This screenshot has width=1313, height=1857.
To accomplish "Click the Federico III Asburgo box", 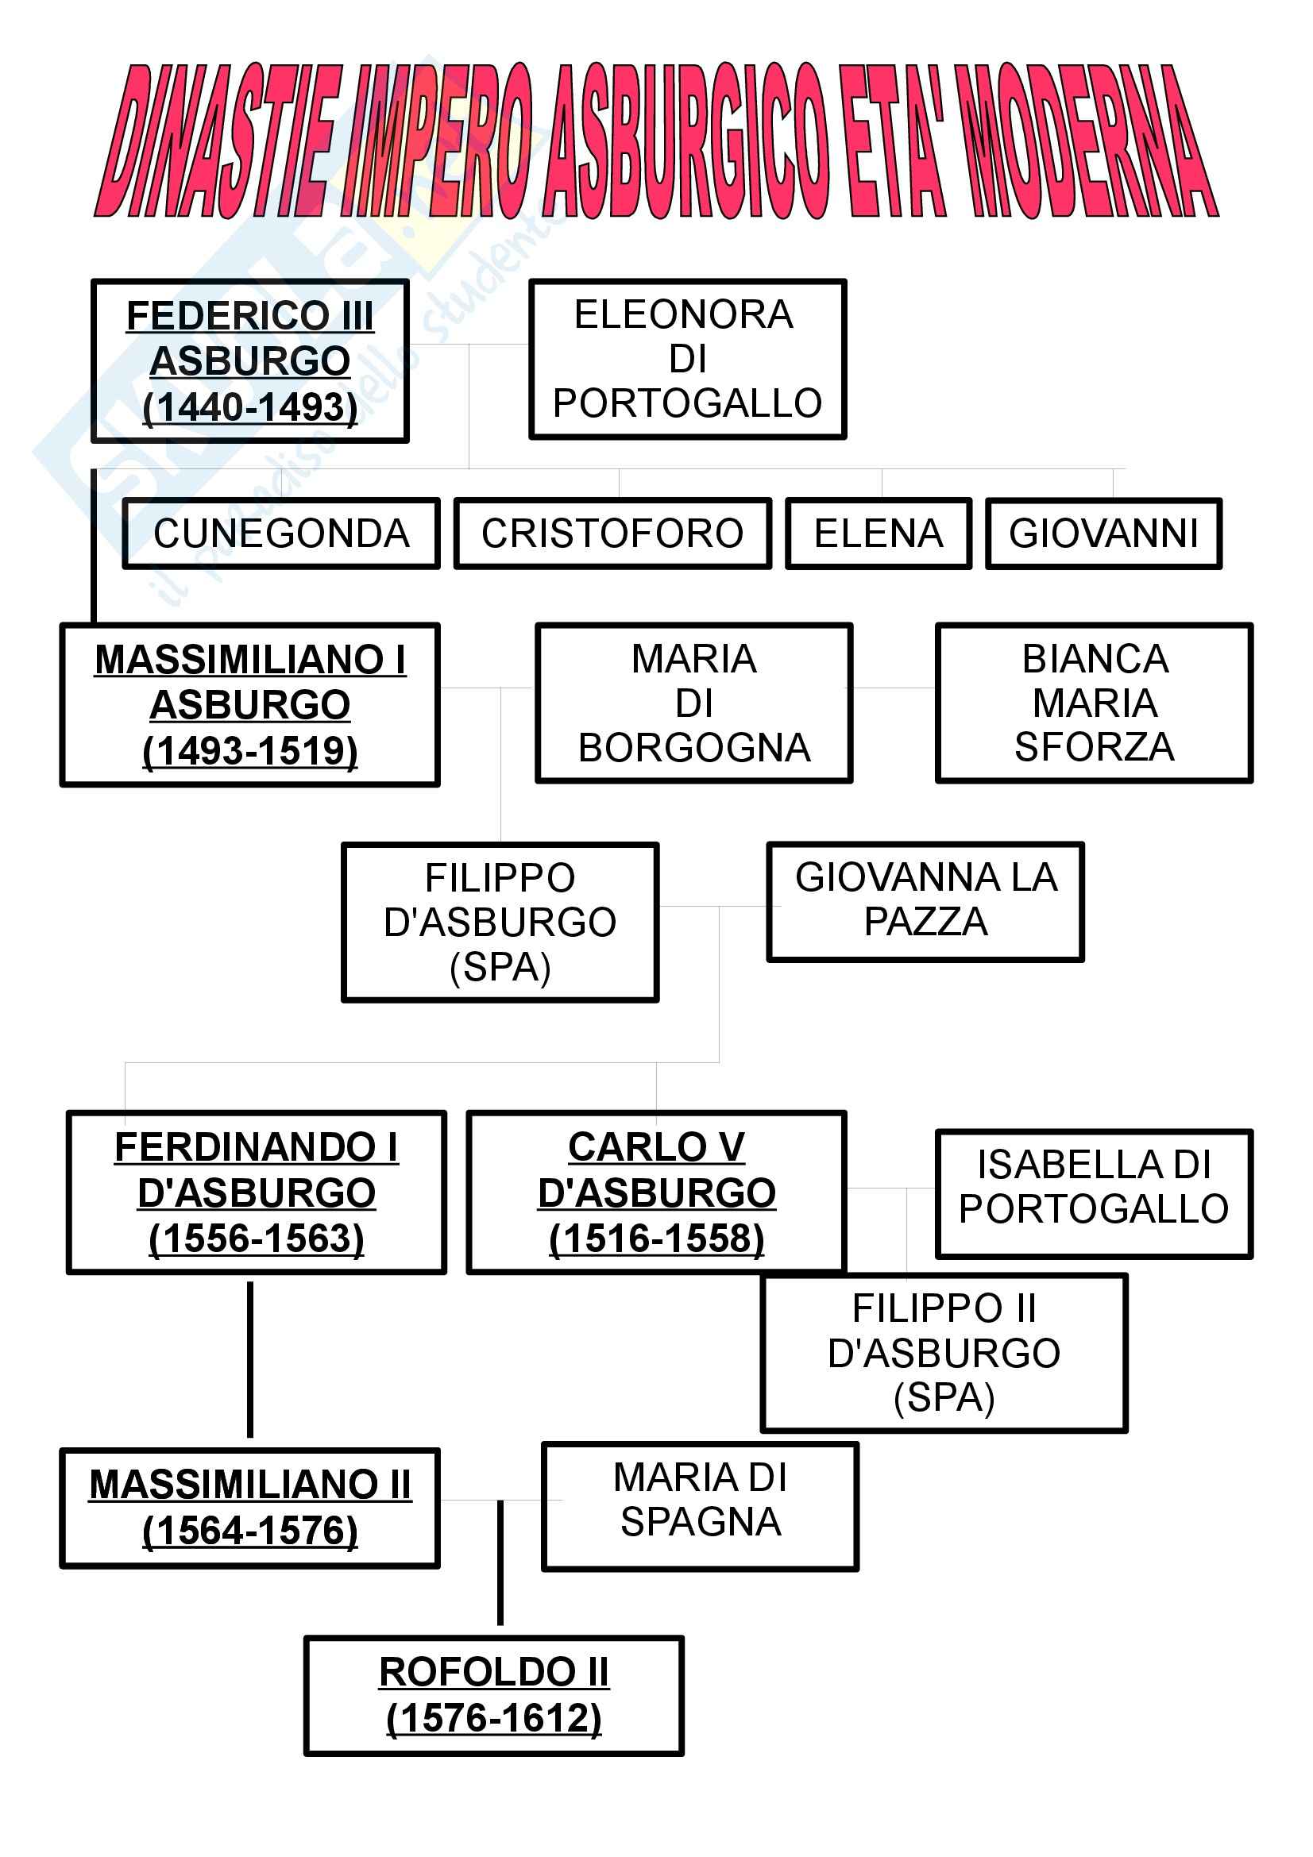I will [x=250, y=360].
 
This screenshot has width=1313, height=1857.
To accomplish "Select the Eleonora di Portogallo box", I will [x=687, y=359].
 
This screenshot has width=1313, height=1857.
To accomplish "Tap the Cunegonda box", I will [x=280, y=534].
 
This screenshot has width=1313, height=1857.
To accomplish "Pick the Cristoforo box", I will [x=612, y=534].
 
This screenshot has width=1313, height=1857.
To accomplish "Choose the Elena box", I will [x=878, y=534].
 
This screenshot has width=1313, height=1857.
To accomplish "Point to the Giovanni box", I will [x=1103, y=534].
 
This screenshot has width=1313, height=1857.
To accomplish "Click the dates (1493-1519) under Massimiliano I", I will [x=250, y=750].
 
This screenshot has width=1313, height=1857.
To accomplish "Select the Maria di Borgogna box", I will [x=693, y=703].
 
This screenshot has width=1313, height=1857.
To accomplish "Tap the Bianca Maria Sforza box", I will [x=1094, y=703].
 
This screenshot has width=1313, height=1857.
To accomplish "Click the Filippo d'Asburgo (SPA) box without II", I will [x=500, y=922].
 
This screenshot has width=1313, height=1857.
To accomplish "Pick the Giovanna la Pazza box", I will [x=925, y=901].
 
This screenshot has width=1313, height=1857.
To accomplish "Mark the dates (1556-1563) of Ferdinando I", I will [x=257, y=1239].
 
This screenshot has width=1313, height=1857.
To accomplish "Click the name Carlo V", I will [x=656, y=1147].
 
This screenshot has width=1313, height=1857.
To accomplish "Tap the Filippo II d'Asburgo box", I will [x=944, y=1353].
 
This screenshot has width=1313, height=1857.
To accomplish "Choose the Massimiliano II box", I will [x=250, y=1508].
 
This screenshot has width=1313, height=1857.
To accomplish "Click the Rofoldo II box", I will [x=493, y=1695].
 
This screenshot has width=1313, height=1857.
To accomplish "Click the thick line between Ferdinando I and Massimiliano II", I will [x=250, y=1358].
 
